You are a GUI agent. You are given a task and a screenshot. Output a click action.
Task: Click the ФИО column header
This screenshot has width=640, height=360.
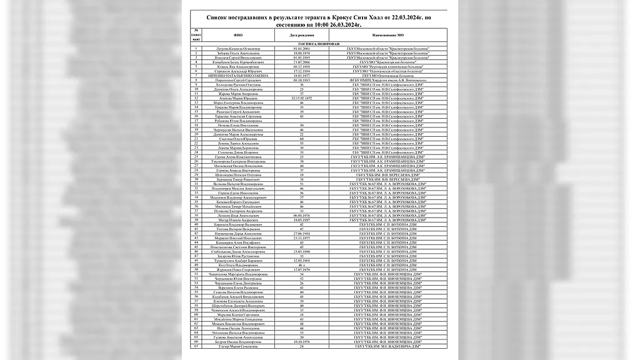coord(237,36)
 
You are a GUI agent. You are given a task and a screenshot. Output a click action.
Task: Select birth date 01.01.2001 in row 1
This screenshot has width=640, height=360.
coord(302,49)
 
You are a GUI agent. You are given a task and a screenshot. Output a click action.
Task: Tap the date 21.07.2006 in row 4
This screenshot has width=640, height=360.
coord(302,62)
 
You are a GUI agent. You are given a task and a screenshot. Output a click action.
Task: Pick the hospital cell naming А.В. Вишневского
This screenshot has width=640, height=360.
coord(384,81)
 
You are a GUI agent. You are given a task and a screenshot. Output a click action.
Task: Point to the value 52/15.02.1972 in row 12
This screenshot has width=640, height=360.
coord(302,99)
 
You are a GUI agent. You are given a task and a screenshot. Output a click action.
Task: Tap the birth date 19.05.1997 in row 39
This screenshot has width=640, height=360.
coord(302,220)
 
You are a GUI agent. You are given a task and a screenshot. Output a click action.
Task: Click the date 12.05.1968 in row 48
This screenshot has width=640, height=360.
coord(302,260)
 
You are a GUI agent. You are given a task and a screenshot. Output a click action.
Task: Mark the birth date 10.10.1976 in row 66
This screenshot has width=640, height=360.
coord(302,341)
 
